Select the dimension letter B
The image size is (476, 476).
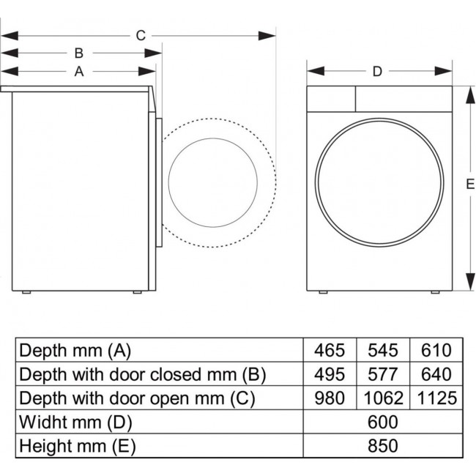[x=78, y=53]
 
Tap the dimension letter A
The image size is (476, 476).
[x=78, y=71]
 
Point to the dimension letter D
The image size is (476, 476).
[x=377, y=71]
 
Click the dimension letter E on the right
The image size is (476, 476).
[x=469, y=185]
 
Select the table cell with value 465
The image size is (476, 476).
[x=330, y=351]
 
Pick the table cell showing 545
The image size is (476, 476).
[x=383, y=351]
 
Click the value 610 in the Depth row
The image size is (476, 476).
[x=436, y=351]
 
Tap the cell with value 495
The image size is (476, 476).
[x=330, y=374]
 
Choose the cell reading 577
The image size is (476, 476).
[x=383, y=374]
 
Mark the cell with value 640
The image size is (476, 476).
[x=436, y=374]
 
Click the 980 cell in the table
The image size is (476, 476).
[x=330, y=398]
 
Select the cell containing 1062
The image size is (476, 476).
[x=383, y=398]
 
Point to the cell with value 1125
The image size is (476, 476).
[x=436, y=398]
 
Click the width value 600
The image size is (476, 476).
[x=383, y=422]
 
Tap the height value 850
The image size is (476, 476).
[x=383, y=445]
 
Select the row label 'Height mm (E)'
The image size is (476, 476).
[x=78, y=445]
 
